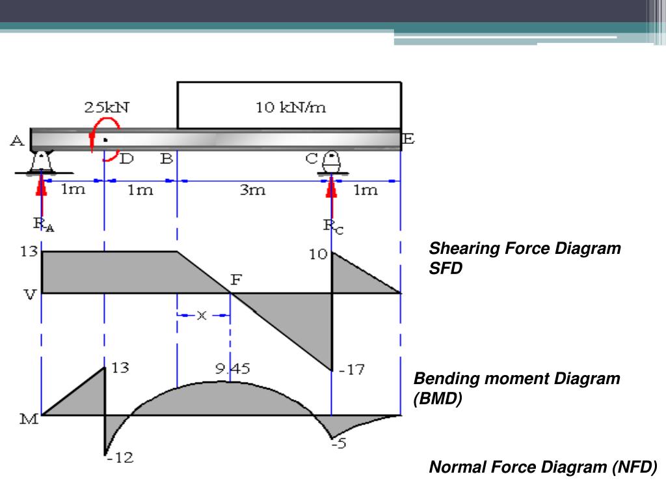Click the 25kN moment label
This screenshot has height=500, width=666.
pos(107,107)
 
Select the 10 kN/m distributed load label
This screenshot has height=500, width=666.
pos(291,107)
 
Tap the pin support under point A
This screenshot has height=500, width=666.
pos(42,161)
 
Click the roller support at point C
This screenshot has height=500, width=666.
pos(332,162)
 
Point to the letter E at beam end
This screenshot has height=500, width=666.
pos(408,139)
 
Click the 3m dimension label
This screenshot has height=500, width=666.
pos(253,189)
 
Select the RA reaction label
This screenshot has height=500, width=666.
pos(44,224)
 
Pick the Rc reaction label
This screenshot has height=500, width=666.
pos(333,226)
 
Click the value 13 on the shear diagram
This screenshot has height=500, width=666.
pos(29,251)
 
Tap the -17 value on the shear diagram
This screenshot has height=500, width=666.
pos(352,370)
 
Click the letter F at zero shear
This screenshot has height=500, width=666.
pos(236,280)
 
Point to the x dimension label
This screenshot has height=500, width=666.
pos(202,315)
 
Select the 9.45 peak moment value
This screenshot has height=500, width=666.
pos(232,368)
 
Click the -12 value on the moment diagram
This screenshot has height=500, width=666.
pos(120,458)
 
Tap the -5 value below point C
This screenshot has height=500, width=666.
pos(339,443)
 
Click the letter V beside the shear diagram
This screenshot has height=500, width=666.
pos(30,295)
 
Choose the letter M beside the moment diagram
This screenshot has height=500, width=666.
pos(29,419)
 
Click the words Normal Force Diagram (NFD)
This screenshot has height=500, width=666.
pos(543,467)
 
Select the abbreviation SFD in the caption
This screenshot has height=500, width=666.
pos(446,268)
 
